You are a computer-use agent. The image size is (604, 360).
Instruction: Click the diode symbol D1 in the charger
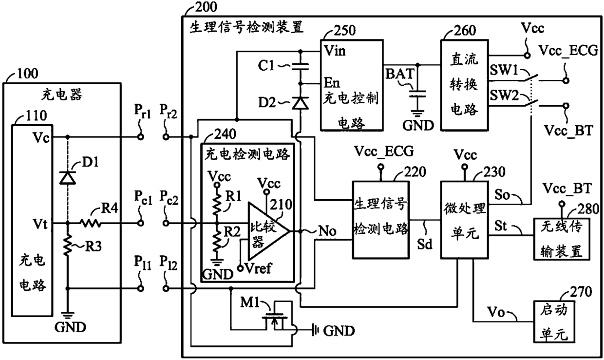(67, 178)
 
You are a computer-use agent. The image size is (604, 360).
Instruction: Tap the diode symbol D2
(301, 103)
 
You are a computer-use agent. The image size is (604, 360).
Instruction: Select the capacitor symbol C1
(301, 67)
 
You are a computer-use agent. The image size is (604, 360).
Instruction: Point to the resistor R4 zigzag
(90, 223)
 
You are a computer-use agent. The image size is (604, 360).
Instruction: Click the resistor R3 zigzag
(68, 246)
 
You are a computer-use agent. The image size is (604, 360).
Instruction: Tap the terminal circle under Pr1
(140, 137)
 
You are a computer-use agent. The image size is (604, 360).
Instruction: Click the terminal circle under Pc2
(166, 223)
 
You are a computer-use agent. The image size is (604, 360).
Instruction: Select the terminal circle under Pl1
(140, 288)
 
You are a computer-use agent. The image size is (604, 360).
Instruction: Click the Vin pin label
(334, 51)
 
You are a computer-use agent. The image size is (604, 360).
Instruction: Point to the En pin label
(332, 83)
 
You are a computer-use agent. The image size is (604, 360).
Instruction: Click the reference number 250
(344, 31)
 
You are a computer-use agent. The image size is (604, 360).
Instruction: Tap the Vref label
(258, 268)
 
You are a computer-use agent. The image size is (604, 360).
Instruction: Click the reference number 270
(581, 291)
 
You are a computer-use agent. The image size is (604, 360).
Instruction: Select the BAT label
(399, 74)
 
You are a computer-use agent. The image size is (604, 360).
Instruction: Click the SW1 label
(504, 70)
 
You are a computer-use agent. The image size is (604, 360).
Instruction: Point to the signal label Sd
(425, 244)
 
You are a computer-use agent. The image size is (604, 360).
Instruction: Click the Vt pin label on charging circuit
(40, 224)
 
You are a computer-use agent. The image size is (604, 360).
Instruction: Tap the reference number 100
(27, 73)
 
